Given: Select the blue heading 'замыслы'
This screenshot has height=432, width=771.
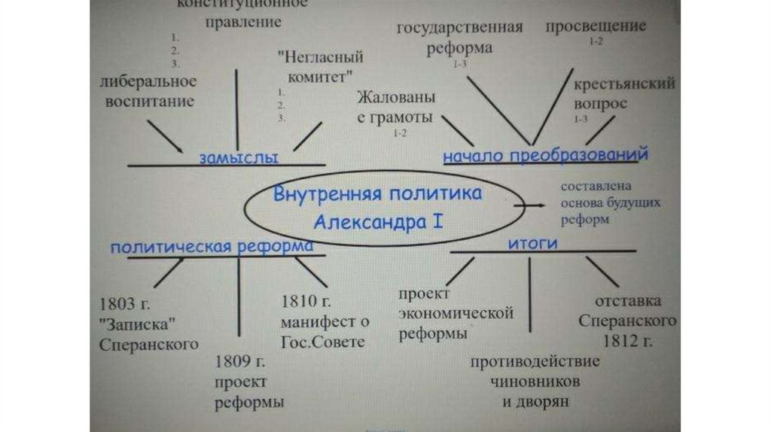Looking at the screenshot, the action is point(239,158).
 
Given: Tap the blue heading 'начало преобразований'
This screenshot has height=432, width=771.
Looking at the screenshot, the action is point(545,156).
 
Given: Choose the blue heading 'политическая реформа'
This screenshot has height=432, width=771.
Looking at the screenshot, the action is point(212,247).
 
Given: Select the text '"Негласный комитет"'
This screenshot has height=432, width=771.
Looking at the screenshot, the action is point(321,65).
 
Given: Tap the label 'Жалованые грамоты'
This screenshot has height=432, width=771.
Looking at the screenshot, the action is point(395,108).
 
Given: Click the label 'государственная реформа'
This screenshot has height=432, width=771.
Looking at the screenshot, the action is point(459,38).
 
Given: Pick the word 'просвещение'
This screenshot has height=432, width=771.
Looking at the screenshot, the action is point(596,26).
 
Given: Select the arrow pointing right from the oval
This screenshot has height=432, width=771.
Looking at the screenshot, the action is point(530,203).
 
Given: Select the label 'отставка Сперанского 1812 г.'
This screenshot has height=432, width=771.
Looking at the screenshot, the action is point(628,321).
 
